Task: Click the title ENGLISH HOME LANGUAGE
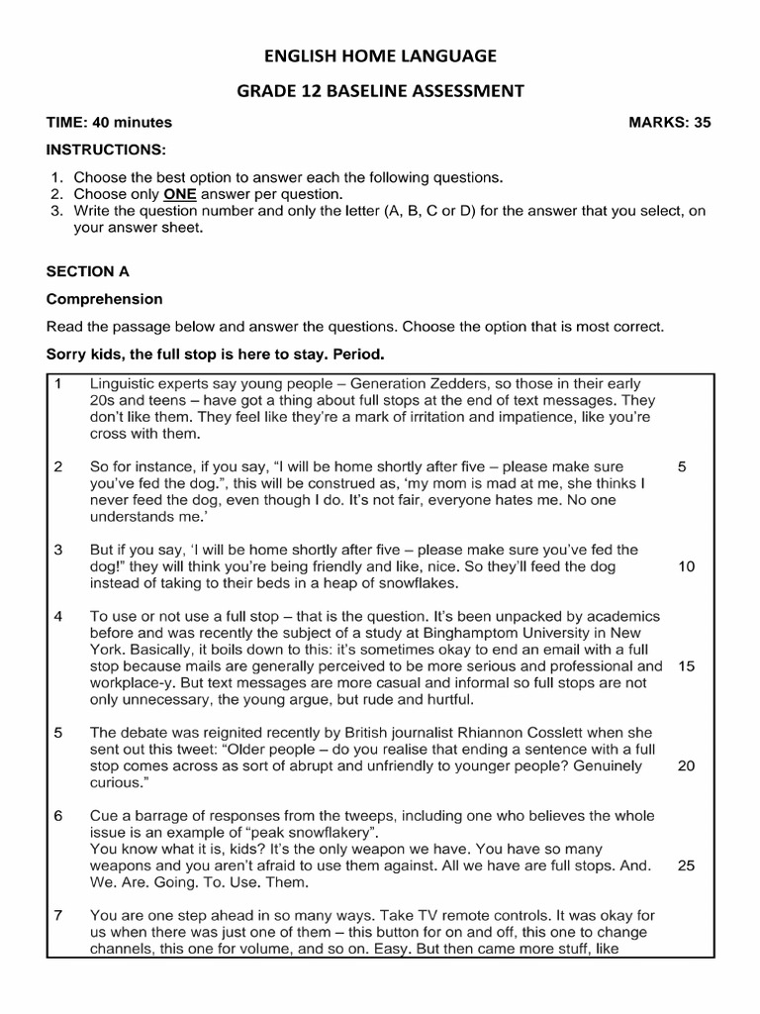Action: [x=380, y=56]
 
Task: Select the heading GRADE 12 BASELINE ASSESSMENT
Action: [x=380, y=91]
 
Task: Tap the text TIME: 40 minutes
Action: [x=109, y=123]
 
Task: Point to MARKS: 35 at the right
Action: [x=669, y=123]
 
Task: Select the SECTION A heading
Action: [x=88, y=270]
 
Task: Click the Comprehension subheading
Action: [x=105, y=299]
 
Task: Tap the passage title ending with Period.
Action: [x=215, y=354]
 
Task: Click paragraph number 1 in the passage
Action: [x=58, y=383]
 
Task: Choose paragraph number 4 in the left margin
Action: [x=58, y=616]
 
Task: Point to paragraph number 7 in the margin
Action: [x=58, y=916]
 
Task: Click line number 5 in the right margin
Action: [x=682, y=466]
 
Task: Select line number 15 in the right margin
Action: [x=686, y=666]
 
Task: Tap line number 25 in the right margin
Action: [x=686, y=865]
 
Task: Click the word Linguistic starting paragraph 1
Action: [x=122, y=383]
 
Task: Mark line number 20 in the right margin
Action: [x=686, y=766]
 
